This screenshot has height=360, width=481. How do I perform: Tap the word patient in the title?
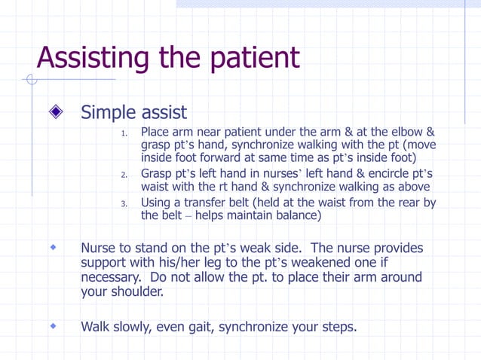(253, 58)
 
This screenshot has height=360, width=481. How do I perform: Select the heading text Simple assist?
(133, 113)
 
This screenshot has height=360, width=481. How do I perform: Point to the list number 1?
(125, 135)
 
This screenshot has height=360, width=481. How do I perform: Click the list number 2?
(125, 175)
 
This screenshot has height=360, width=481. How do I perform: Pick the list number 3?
(125, 203)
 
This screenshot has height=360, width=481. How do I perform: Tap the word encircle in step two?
(381, 173)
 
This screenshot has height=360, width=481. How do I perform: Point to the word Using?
(157, 202)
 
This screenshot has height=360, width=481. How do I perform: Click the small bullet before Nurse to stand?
(54, 246)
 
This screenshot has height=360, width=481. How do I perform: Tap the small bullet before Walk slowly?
(54, 326)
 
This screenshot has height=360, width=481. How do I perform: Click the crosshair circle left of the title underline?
(31, 79)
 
